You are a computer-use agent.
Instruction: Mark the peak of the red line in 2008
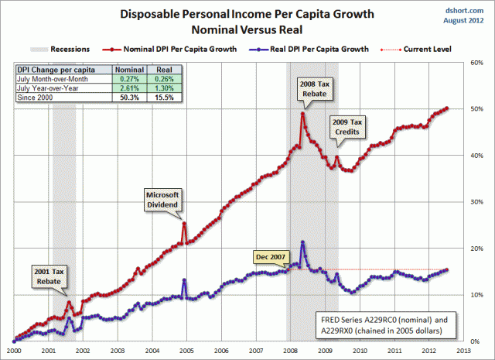pos(303,113)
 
